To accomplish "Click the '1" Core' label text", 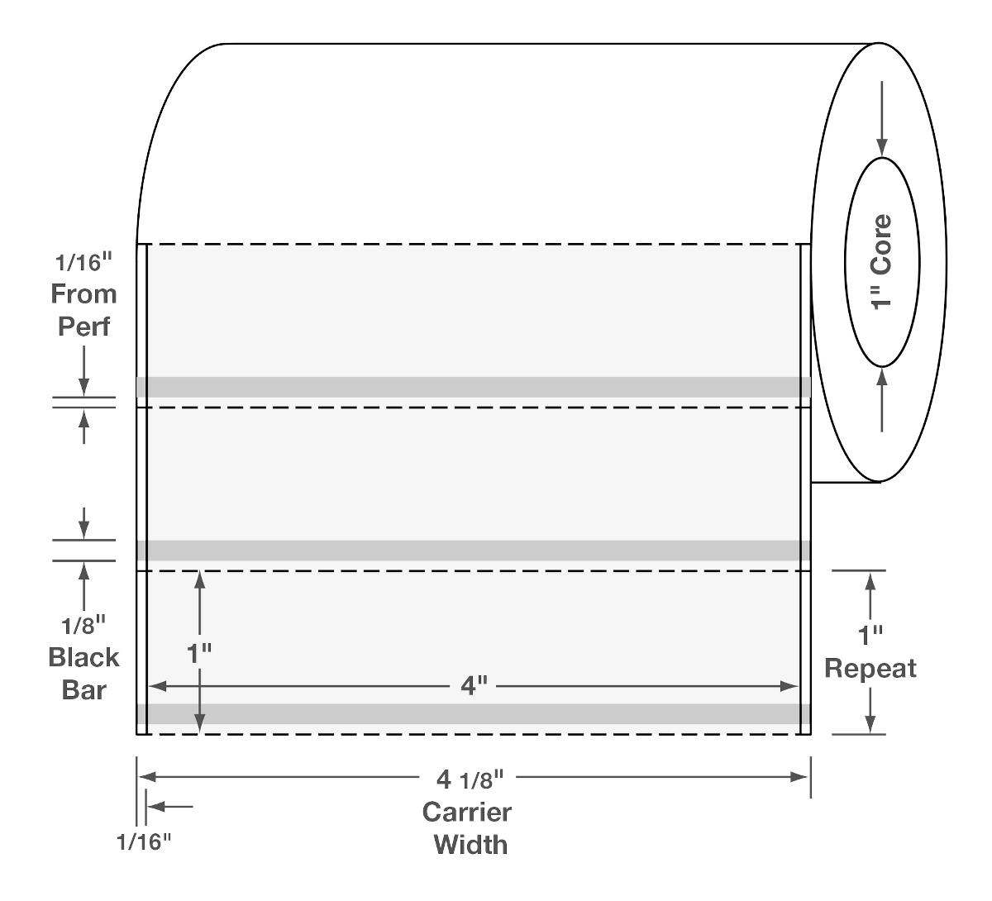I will (882, 261).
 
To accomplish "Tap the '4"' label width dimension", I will (473, 685).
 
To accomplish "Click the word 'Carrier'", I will (467, 812).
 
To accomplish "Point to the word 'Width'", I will (470, 844).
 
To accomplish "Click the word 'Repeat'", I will (870, 668).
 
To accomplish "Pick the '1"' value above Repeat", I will (870, 636).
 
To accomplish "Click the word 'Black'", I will (83, 658).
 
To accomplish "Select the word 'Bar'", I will (83, 689).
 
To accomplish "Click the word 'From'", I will (83, 293).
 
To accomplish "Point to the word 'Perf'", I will (83, 326).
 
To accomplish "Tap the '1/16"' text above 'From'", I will (83, 263).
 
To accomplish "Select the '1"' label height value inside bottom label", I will (198, 653).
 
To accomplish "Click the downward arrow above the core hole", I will (883, 116).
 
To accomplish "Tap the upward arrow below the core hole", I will (883, 400).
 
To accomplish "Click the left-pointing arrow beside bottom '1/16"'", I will (170, 806).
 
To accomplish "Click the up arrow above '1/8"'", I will (83, 587).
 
